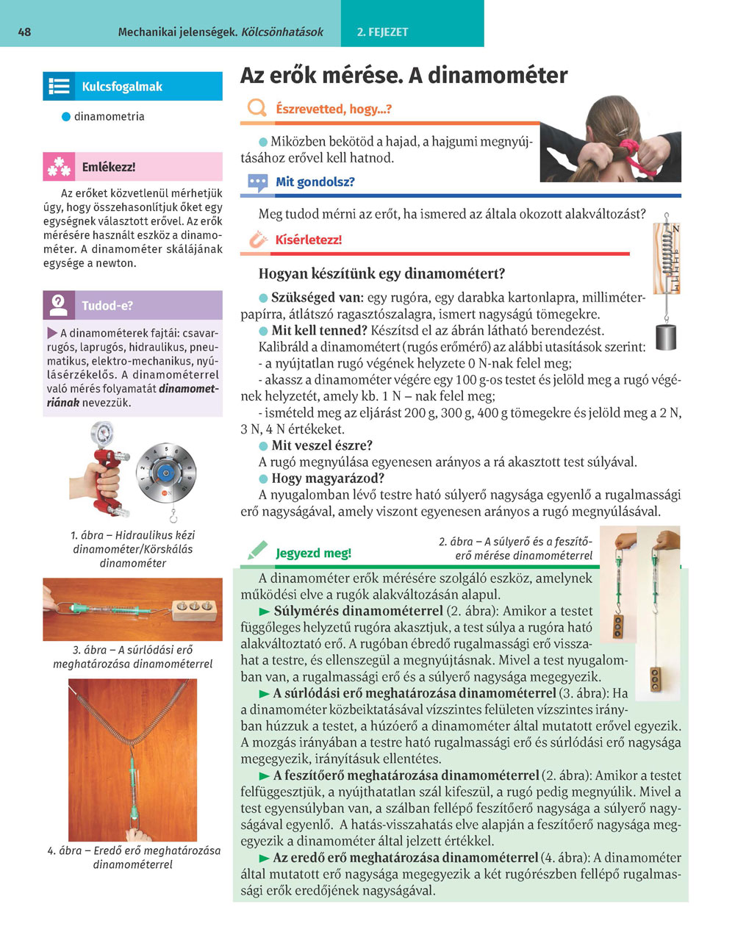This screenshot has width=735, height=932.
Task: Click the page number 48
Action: coord(24,32)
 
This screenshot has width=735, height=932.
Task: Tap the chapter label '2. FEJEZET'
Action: coord(382,32)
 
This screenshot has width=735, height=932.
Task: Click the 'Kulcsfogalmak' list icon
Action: coord(58,86)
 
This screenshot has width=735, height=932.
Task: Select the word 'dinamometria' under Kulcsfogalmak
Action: coord(109,116)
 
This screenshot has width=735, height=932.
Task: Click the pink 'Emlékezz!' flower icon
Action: coord(58,168)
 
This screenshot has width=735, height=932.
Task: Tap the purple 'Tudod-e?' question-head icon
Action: coord(58,305)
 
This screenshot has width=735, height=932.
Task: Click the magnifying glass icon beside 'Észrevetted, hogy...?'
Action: coord(257,109)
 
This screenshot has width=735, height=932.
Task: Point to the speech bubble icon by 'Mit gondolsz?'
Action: coord(257,182)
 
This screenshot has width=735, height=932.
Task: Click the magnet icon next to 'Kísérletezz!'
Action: coord(257,240)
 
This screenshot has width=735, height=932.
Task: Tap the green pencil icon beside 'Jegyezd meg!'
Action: coord(257,551)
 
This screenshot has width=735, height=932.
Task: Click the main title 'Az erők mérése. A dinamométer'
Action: coord(404,76)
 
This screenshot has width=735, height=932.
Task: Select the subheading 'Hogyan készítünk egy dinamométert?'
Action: coord(381,274)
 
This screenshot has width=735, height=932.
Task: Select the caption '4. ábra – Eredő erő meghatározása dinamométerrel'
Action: coord(133,857)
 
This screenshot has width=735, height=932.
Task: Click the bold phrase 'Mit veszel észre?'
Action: coord(322,445)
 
